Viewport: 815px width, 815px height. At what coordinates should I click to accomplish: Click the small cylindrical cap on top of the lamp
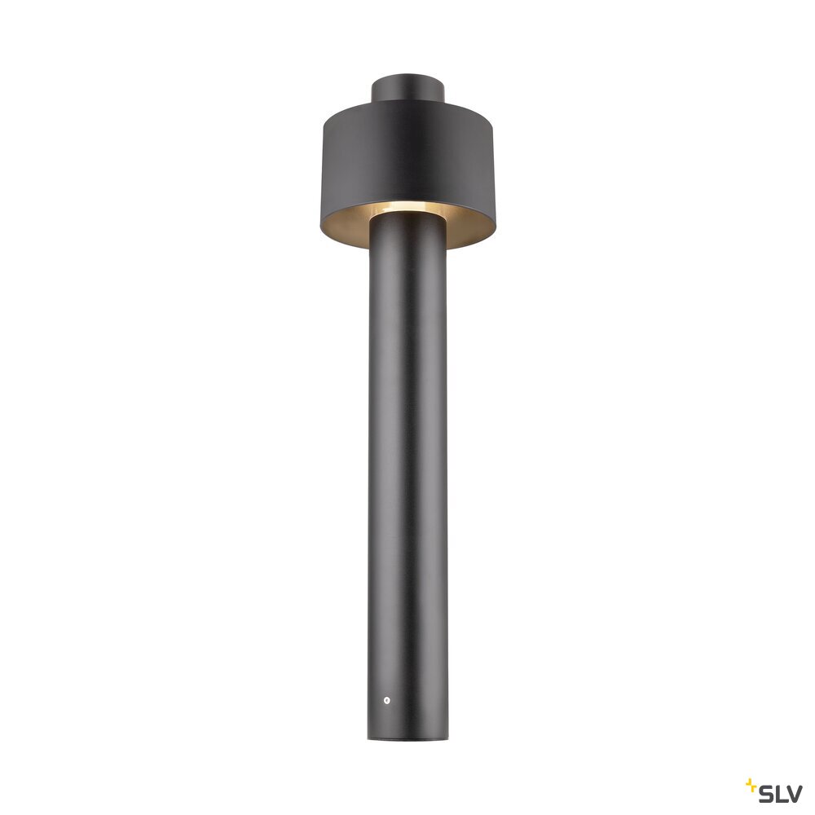point(408,88)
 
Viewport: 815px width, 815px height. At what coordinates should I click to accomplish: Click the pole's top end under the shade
point(408,221)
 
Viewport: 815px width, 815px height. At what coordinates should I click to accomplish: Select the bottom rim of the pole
point(408,739)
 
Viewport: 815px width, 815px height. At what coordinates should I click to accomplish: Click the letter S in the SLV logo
point(766,794)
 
